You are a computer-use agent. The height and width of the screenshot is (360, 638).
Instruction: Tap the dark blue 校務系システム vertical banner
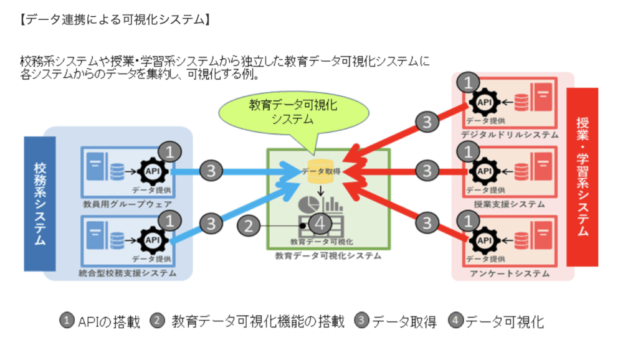click(x=39, y=204)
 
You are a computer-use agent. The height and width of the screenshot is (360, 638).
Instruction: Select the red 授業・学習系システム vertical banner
click(x=583, y=178)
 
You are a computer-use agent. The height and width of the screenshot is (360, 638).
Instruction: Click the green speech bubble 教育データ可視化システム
click(x=293, y=112)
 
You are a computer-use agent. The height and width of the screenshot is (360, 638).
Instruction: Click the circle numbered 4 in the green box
click(x=320, y=222)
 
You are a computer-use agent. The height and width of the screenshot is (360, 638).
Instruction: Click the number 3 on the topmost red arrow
click(x=426, y=121)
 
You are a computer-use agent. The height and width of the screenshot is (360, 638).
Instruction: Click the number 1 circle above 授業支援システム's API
click(x=468, y=151)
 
